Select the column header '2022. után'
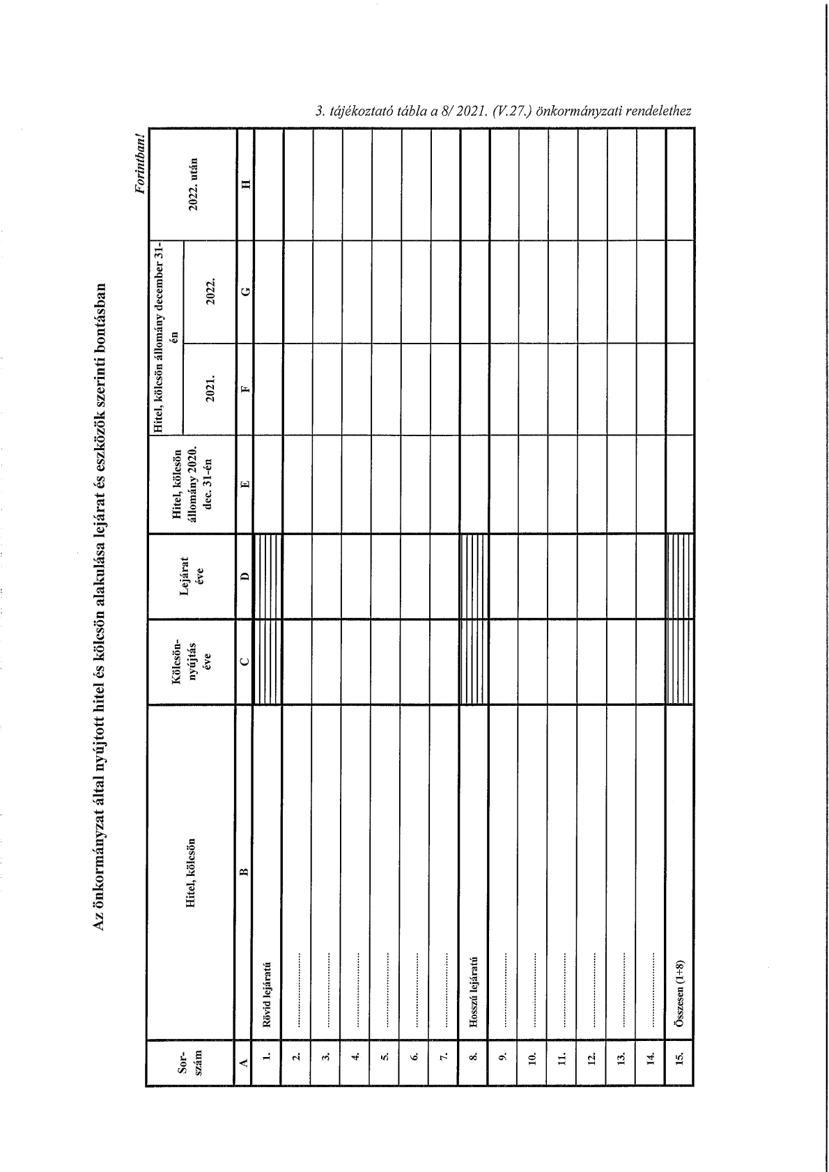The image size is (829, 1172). click(196, 183)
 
